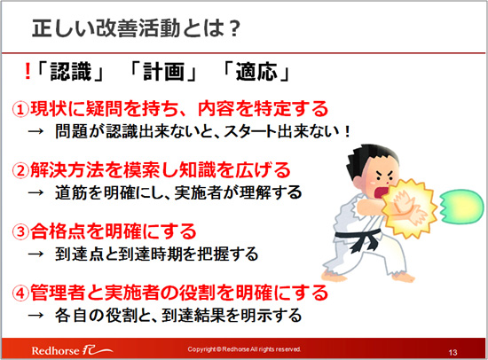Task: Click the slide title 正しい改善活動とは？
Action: (137, 28)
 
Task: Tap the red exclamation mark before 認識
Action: (28, 71)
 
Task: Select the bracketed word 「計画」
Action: (163, 71)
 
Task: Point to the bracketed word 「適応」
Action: (256, 71)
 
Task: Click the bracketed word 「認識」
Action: (70, 71)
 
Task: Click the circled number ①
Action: (20, 110)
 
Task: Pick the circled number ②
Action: (20, 171)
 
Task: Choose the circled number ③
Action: (20, 231)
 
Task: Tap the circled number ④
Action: (20, 293)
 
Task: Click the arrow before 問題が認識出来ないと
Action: (35, 131)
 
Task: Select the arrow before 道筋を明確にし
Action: (35, 193)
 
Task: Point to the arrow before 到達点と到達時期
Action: (35, 254)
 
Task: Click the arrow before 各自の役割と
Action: (35, 316)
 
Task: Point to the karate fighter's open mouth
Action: (381, 192)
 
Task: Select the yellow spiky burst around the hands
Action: (409, 208)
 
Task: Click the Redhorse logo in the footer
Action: (72, 350)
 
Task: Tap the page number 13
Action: (453, 353)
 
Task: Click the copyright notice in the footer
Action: (244, 349)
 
